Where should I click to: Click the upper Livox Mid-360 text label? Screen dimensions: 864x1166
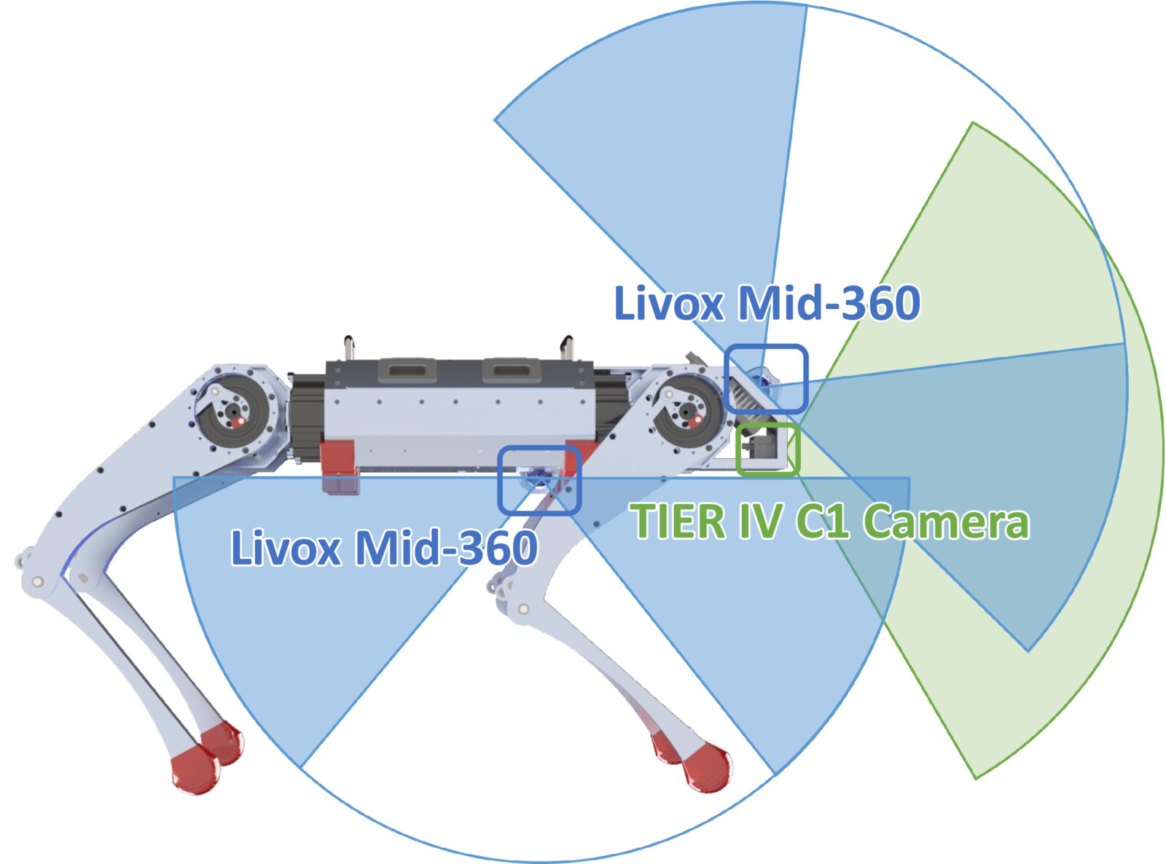point(767,303)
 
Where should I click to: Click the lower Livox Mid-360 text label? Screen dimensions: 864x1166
point(384,548)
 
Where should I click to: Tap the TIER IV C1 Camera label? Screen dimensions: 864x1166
point(830,522)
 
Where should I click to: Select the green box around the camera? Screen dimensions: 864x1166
point(767,449)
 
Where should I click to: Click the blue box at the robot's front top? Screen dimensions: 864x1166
point(766,379)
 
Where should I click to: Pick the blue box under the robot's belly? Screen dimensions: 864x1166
point(539,480)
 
